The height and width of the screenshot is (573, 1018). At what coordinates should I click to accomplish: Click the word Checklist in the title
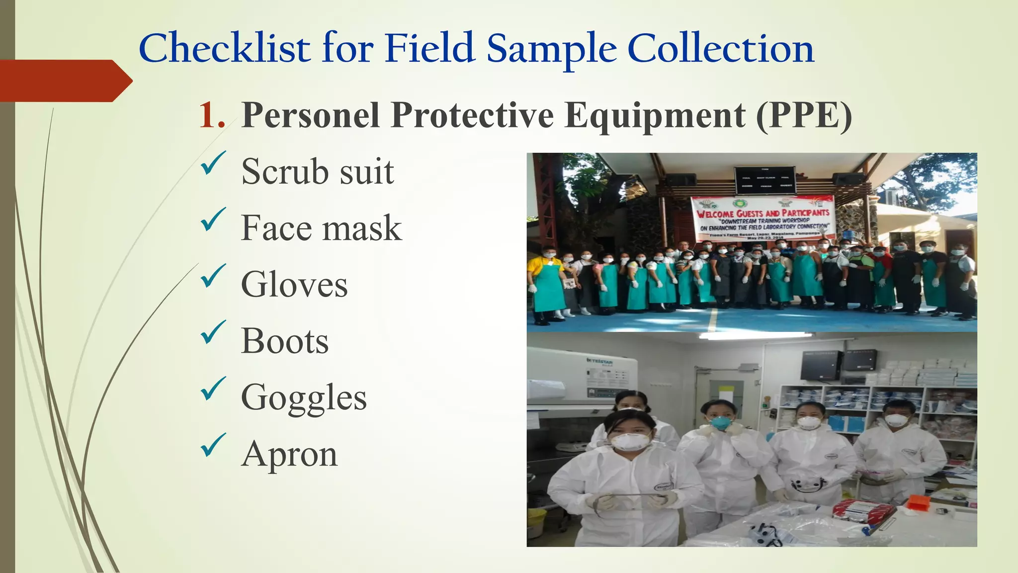(225, 48)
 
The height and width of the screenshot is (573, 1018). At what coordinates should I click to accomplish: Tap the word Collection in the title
(720, 48)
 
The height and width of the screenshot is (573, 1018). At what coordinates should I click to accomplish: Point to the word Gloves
(294, 285)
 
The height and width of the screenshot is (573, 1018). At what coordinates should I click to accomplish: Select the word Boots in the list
(285, 341)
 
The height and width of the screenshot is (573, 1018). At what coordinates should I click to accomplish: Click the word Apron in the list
(289, 454)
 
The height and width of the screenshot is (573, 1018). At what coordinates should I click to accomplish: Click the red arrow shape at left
(65, 81)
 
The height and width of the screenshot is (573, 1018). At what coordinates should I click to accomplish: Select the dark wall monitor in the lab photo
(821, 365)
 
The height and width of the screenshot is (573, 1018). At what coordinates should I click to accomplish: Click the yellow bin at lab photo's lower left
(536, 522)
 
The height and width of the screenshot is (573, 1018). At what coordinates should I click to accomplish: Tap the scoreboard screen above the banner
(764, 180)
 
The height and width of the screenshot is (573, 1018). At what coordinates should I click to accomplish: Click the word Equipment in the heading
(655, 115)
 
